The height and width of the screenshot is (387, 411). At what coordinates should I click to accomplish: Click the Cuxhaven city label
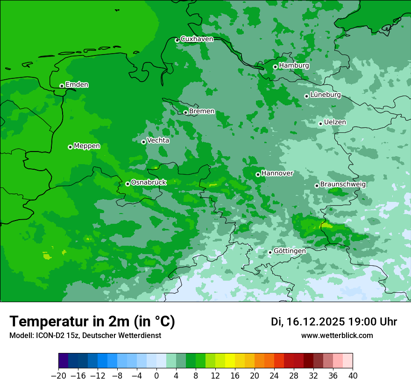tap(197, 39)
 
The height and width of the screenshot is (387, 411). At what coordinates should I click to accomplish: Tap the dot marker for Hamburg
tap(275, 67)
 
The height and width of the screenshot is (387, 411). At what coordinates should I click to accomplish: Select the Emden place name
tap(77, 85)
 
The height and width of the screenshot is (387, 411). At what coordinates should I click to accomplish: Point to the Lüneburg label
tap(325, 95)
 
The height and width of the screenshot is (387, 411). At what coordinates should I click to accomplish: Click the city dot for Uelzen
tap(320, 124)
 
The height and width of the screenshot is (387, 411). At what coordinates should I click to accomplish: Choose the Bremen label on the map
tap(202, 111)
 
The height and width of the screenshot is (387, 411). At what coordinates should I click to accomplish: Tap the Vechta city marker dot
tap(143, 142)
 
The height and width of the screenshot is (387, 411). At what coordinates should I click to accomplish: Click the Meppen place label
tap(87, 146)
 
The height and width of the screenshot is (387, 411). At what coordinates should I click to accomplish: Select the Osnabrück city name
tap(149, 183)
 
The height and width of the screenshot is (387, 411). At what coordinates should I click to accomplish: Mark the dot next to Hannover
tap(258, 174)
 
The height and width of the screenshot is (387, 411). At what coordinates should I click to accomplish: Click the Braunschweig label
tap(343, 185)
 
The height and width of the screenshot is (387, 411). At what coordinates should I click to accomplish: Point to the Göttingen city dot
tap(270, 252)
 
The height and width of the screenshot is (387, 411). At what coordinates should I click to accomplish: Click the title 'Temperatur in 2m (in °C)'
tap(92, 321)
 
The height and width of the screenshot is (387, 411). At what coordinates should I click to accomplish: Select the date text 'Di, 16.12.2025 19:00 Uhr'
tap(334, 322)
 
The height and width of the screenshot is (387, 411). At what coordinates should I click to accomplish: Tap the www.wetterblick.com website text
tap(337, 336)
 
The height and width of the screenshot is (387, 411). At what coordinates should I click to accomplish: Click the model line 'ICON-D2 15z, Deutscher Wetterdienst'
tap(85, 336)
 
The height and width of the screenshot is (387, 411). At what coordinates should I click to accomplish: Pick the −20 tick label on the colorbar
tap(58, 376)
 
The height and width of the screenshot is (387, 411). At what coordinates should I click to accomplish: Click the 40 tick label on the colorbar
tap(353, 376)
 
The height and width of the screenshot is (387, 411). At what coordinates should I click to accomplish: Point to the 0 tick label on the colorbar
tap(156, 376)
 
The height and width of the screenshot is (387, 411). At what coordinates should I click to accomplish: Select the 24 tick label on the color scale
tap(274, 376)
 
